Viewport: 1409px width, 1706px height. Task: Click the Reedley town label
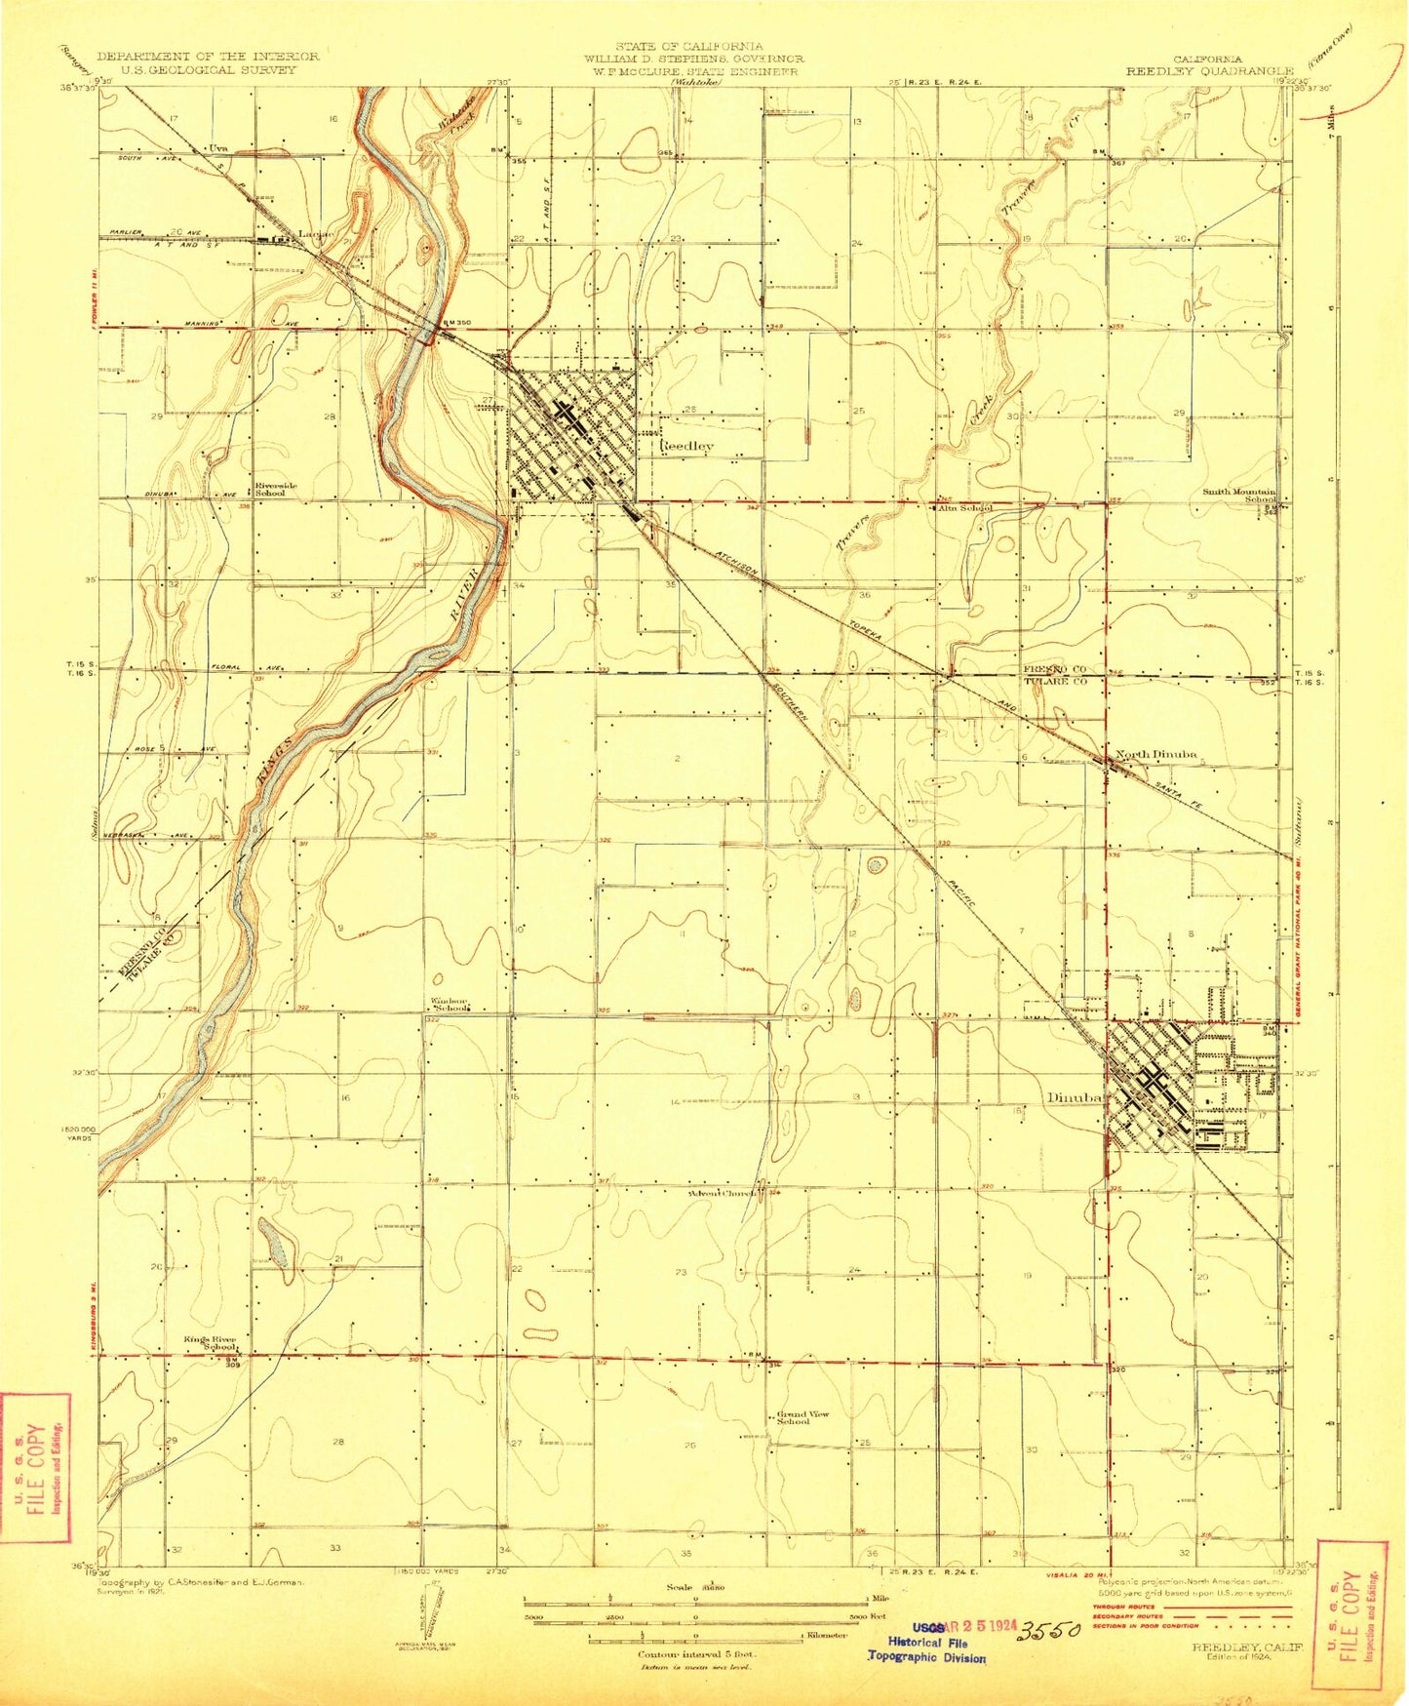click(688, 446)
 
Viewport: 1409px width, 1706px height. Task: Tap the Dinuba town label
click(1074, 1097)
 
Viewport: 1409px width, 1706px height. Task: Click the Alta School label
click(964, 507)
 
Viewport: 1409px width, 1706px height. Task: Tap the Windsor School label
click(450, 1004)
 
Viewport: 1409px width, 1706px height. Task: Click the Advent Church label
click(723, 1193)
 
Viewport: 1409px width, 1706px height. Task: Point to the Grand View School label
click(803, 1417)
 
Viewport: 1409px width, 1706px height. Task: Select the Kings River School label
click(211, 1342)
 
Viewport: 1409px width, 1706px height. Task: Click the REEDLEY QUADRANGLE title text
click(1209, 71)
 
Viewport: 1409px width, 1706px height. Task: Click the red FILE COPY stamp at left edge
click(35, 1468)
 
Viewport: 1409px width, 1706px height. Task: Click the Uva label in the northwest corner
click(218, 148)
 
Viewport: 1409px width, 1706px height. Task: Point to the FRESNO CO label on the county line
click(1054, 669)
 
